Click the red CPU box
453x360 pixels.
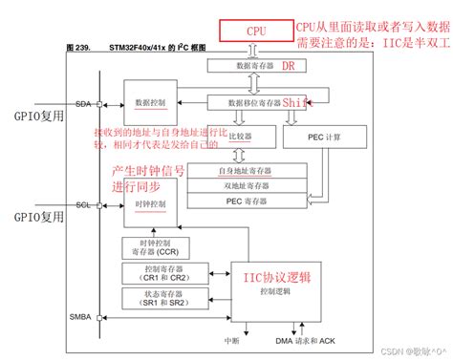255,31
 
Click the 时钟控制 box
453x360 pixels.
149,205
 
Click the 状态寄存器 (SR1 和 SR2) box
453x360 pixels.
157,302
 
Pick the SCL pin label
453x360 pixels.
81,204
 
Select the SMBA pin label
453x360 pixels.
81,316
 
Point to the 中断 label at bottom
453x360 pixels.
230,339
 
